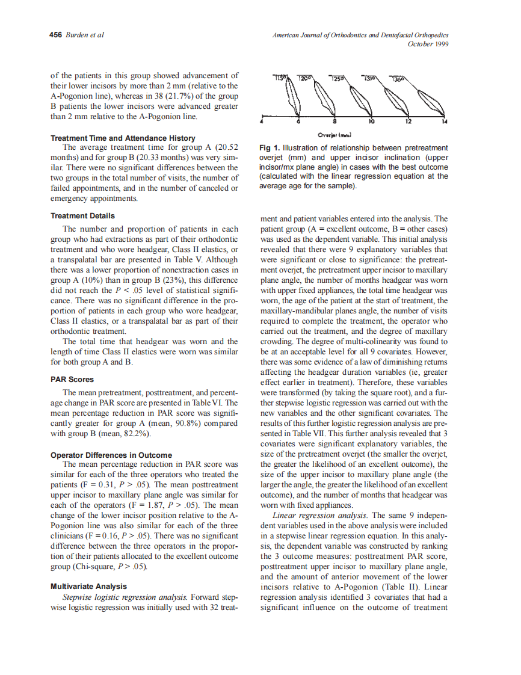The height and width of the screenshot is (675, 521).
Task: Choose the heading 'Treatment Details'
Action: click(x=82, y=215)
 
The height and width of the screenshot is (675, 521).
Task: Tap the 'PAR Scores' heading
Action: click(x=72, y=380)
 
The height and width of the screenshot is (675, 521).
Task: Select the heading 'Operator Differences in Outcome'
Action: click(x=111, y=455)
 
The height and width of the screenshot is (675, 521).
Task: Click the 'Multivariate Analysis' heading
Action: click(x=88, y=586)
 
